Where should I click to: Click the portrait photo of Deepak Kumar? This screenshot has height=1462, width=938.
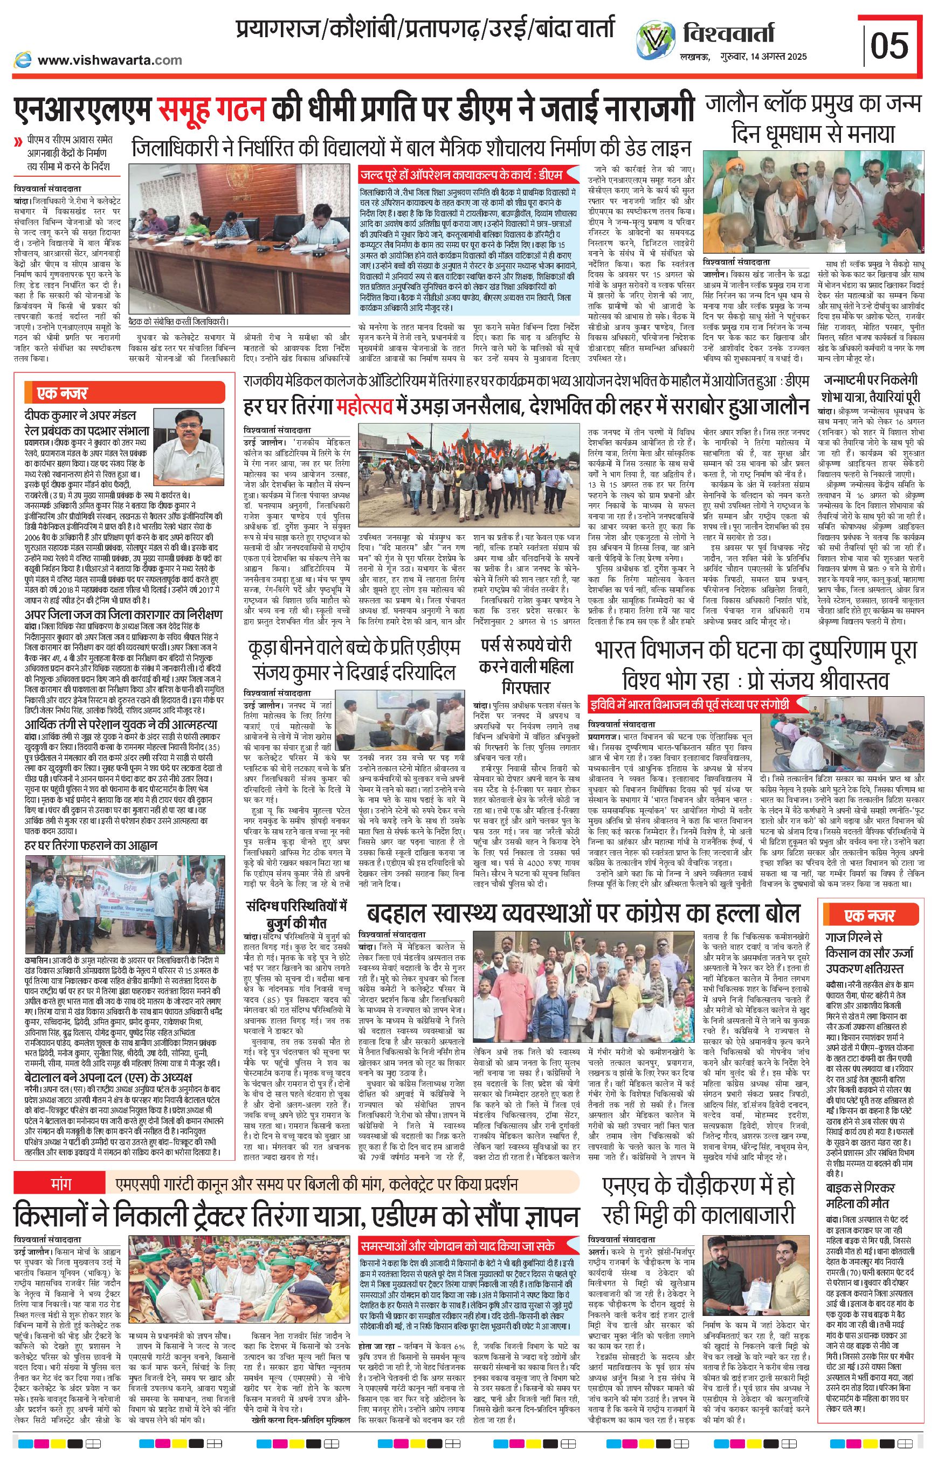[189, 442]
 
